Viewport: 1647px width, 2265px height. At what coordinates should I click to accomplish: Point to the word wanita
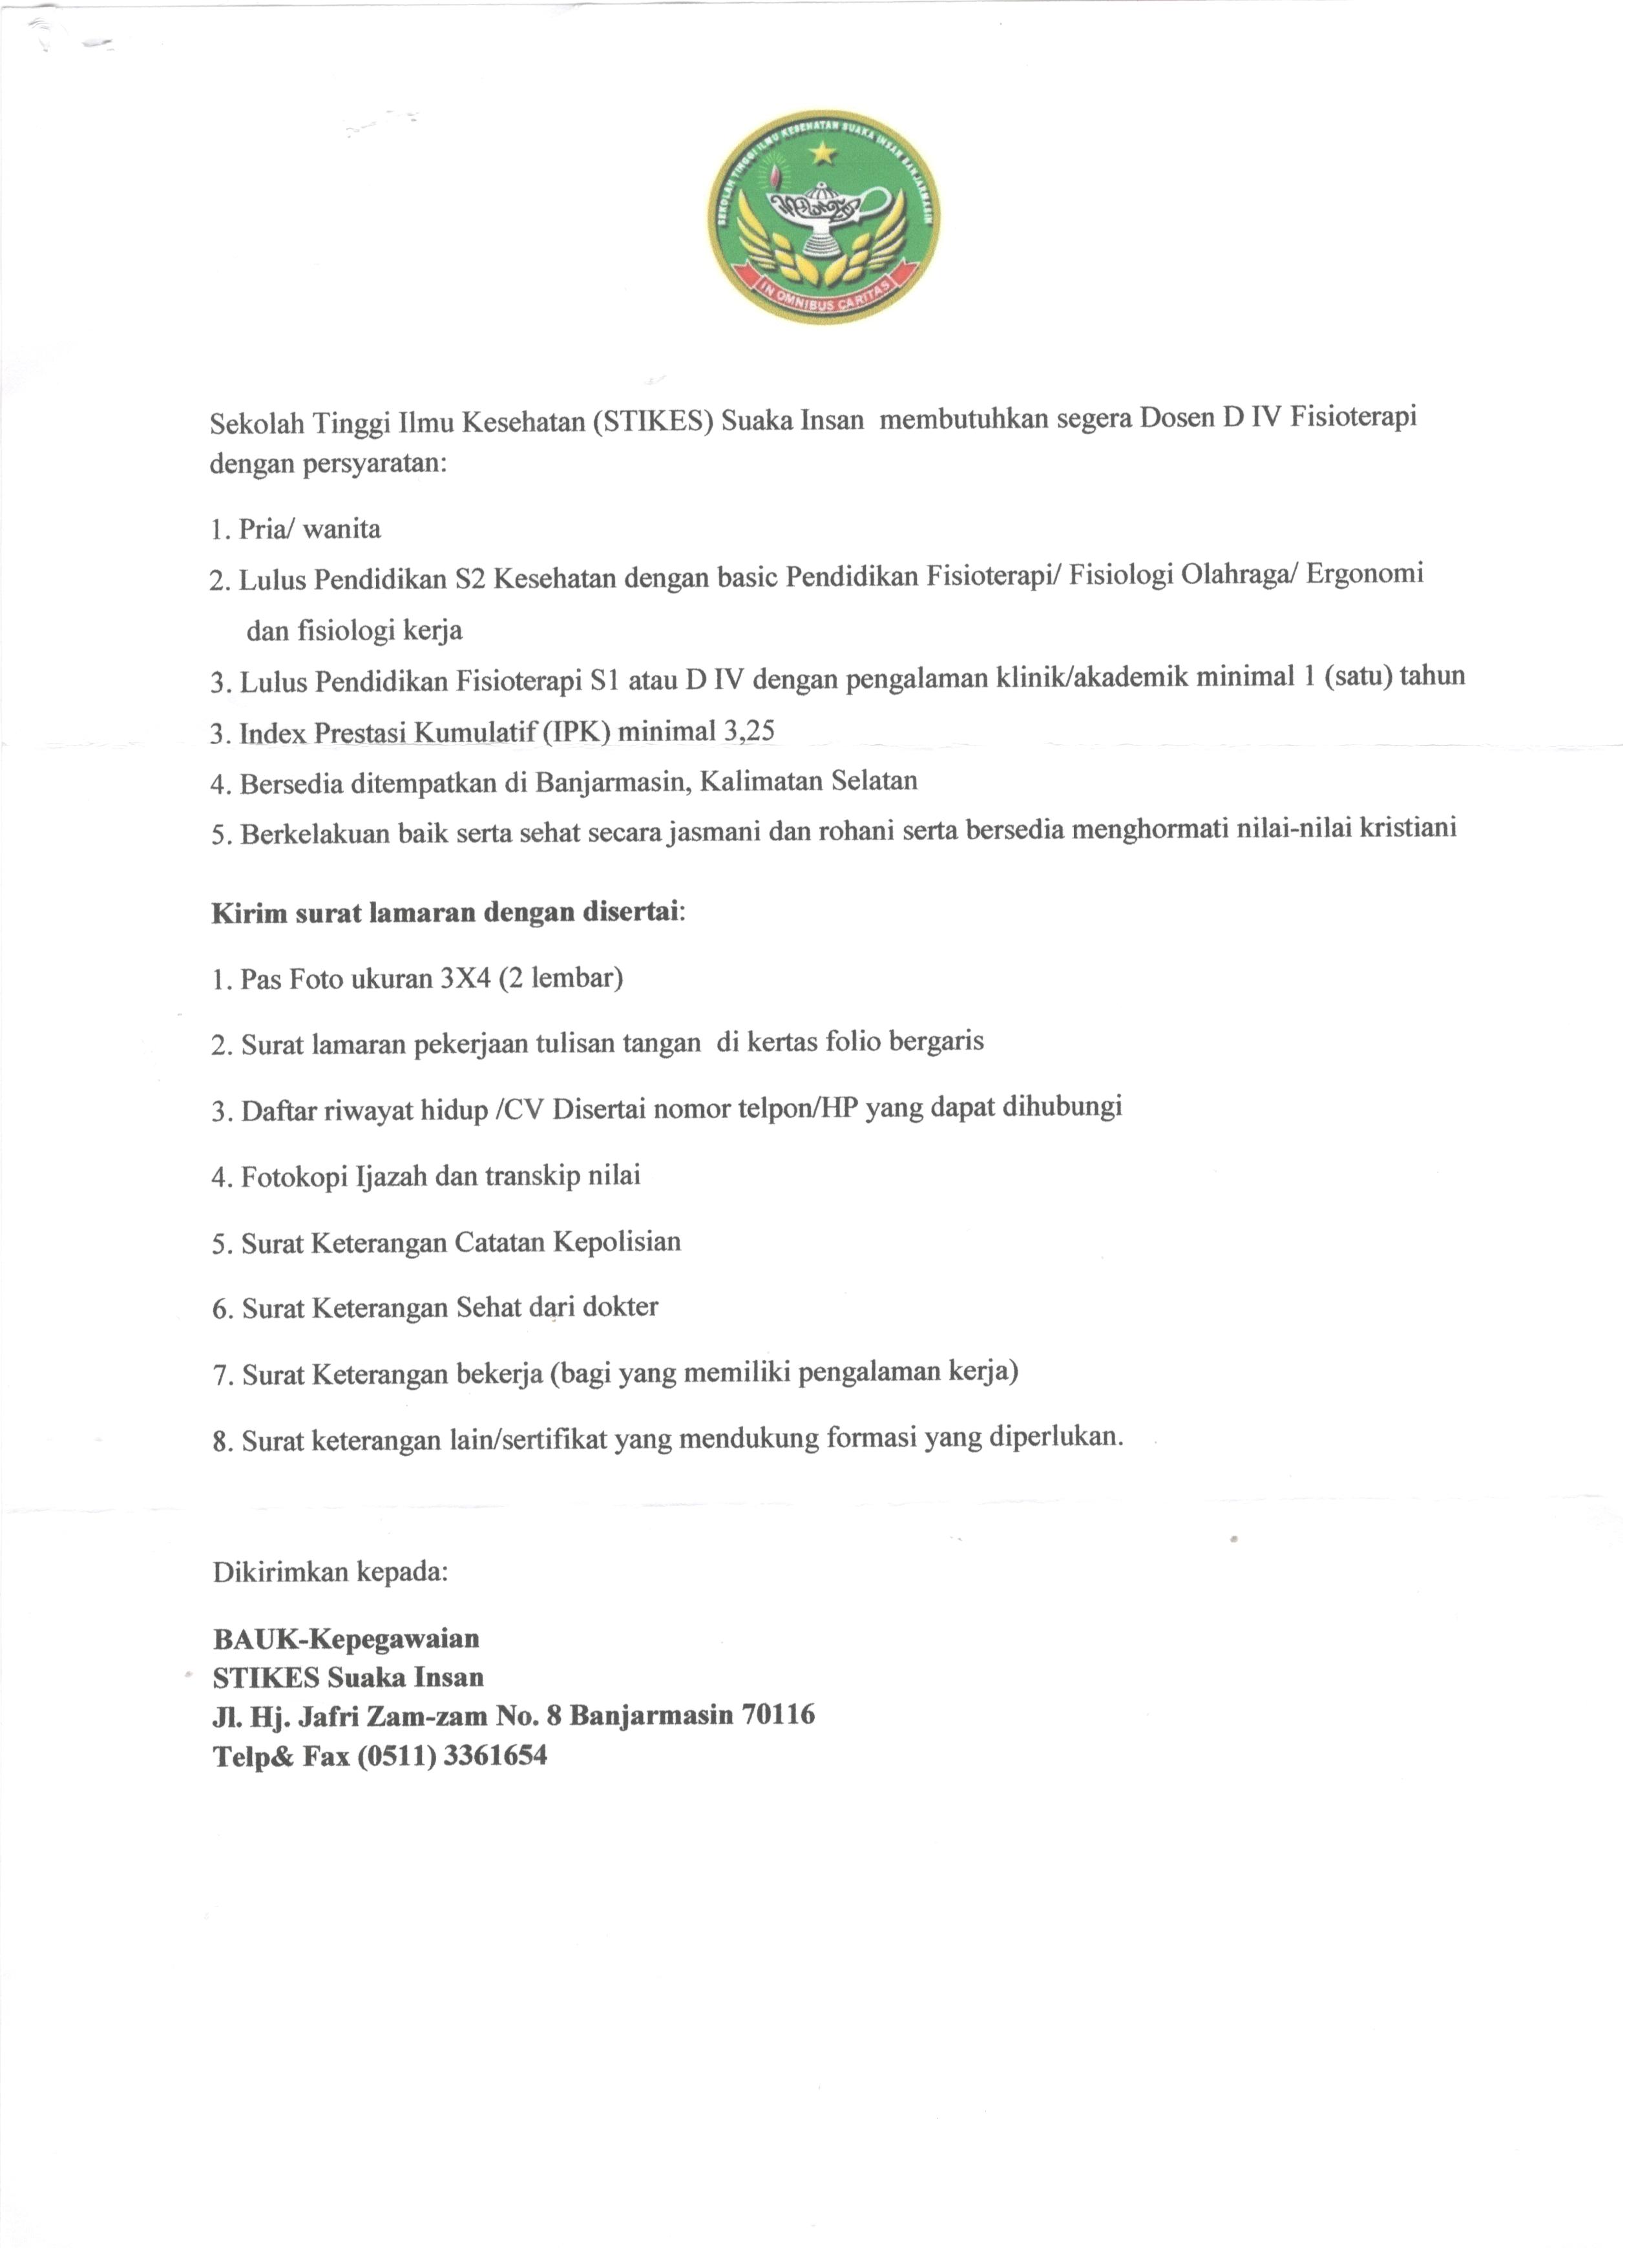[x=342, y=528]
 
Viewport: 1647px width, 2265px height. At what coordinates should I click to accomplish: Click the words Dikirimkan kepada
[x=331, y=1571]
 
